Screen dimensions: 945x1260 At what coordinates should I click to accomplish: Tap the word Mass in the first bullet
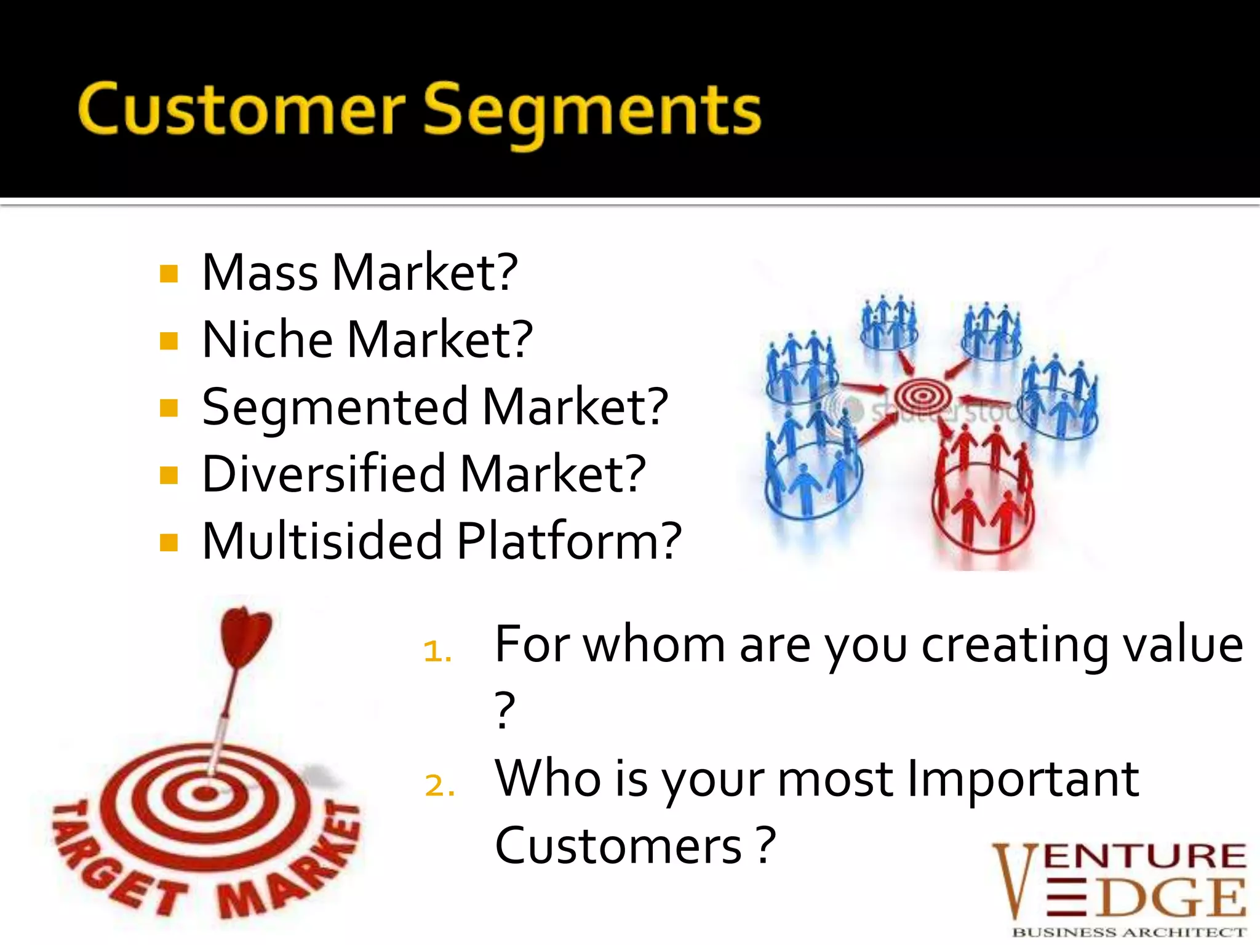[x=260, y=273]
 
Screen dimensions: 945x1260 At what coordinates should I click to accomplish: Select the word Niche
[x=267, y=340]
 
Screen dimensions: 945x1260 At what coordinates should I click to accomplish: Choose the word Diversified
[x=324, y=474]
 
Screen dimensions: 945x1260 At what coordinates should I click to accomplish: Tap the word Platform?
[x=569, y=541]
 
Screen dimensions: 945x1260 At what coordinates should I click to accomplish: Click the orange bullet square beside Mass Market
[x=169, y=273]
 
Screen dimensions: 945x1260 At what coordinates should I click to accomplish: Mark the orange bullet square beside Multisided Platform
[x=169, y=542]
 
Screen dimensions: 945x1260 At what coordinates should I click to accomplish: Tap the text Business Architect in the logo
[x=1128, y=933]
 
